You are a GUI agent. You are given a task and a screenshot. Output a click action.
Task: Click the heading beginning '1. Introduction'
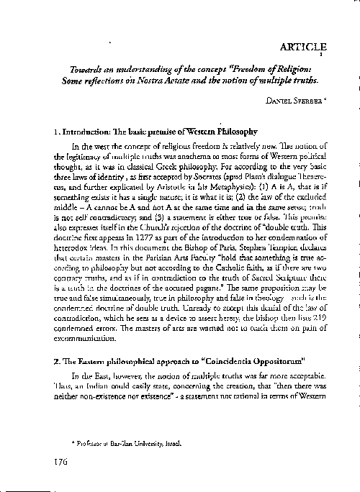click(145, 133)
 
